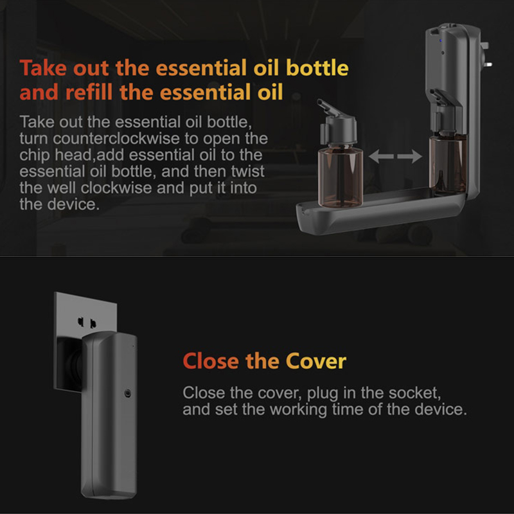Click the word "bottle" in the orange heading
coord(317,68)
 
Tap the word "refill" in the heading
coord(89,92)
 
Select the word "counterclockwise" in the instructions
coord(116,139)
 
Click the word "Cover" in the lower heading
coord(315,361)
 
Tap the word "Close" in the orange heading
coord(211,361)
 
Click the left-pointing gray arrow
coord(381,156)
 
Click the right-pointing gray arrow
coord(410,156)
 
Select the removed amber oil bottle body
coord(341,177)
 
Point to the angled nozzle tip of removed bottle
coord(321,103)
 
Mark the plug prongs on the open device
coord(485,55)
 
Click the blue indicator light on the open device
coord(441,40)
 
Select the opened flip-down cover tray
coord(380,211)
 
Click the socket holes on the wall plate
coord(87,323)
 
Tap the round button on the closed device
coord(128,393)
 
